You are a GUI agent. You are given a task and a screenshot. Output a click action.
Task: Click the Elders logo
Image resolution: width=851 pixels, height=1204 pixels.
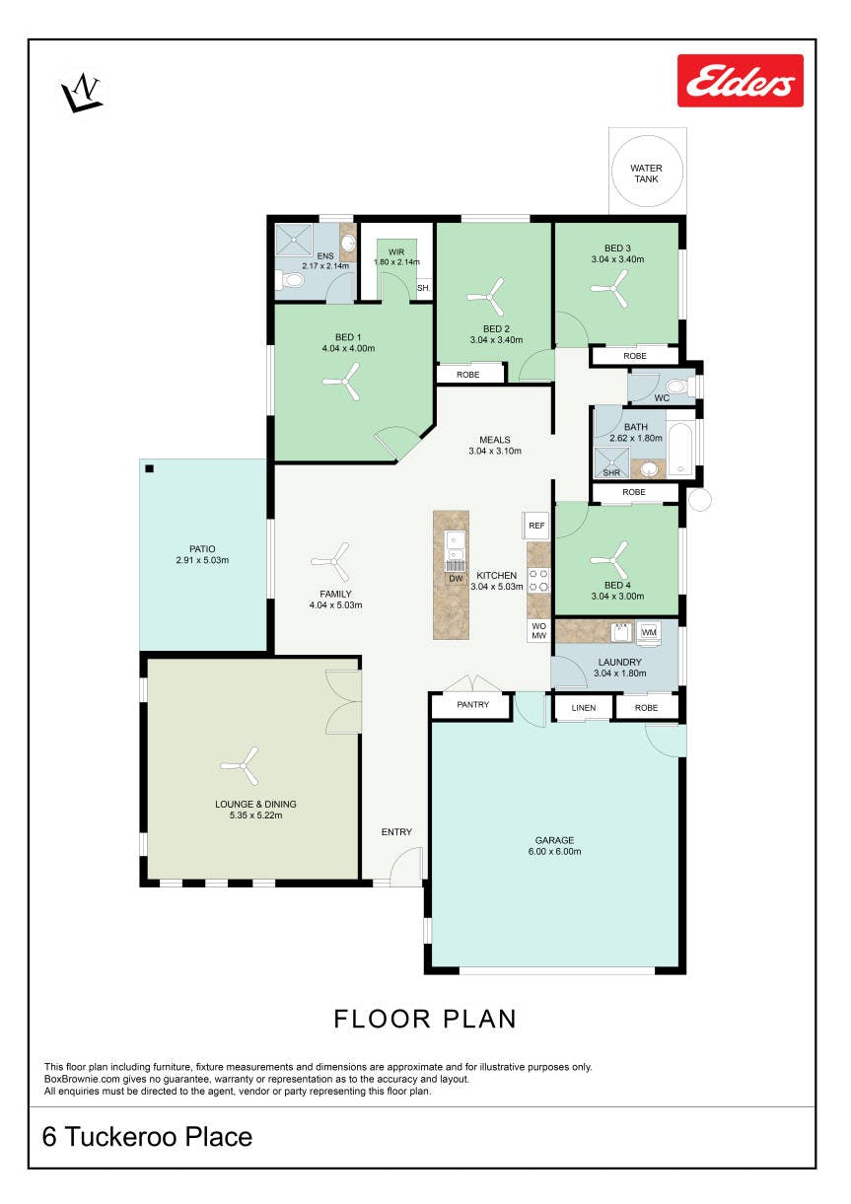pyautogui.click(x=740, y=81)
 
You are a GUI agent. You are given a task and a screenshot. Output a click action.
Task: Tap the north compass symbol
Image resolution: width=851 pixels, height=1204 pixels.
pyautogui.click(x=81, y=93)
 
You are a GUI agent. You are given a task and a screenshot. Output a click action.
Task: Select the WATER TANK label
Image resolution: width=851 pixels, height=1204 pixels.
pyautogui.click(x=646, y=174)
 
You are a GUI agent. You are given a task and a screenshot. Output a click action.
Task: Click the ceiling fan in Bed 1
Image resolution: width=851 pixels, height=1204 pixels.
pyautogui.click(x=341, y=381)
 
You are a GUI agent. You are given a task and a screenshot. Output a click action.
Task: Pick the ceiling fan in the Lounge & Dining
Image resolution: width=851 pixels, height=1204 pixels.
pyautogui.click(x=240, y=765)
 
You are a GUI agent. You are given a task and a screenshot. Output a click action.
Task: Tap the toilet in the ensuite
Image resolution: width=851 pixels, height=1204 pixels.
pyautogui.click(x=290, y=280)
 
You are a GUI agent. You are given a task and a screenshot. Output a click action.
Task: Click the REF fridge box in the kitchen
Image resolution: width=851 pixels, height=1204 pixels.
pyautogui.click(x=536, y=526)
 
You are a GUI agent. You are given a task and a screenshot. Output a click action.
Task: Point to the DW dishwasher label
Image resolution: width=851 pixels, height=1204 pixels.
pyautogui.click(x=456, y=579)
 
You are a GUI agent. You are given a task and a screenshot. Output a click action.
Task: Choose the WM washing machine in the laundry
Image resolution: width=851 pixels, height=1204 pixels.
pyautogui.click(x=649, y=632)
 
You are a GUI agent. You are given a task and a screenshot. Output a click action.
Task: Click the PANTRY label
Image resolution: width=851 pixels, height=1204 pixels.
pyautogui.click(x=473, y=704)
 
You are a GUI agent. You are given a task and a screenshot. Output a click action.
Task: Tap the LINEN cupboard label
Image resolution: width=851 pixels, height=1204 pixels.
pyautogui.click(x=584, y=707)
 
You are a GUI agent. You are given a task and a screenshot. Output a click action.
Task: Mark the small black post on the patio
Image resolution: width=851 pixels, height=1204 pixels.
pyautogui.click(x=150, y=468)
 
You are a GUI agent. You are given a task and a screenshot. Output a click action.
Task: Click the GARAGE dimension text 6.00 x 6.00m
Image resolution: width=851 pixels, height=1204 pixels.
pyautogui.click(x=555, y=851)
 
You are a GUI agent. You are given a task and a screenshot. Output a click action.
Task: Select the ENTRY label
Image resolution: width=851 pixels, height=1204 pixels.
pyautogui.click(x=396, y=831)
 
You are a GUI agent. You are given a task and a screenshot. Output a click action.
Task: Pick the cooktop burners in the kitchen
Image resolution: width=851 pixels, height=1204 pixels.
pyautogui.click(x=538, y=580)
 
